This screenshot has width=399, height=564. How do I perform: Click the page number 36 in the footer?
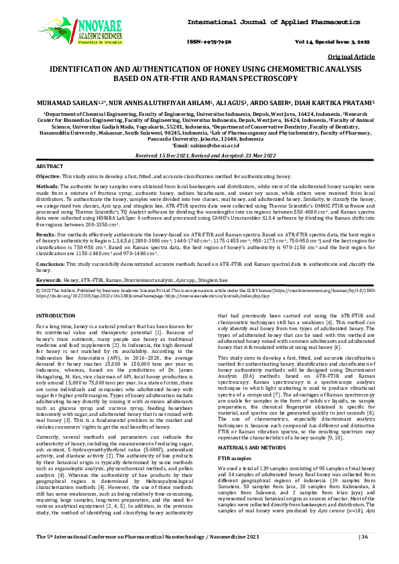(365, 556)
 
